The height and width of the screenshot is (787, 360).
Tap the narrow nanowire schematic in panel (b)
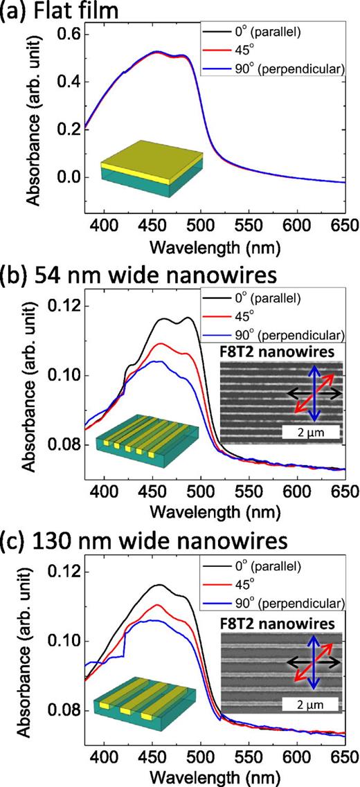[x=138, y=438]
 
